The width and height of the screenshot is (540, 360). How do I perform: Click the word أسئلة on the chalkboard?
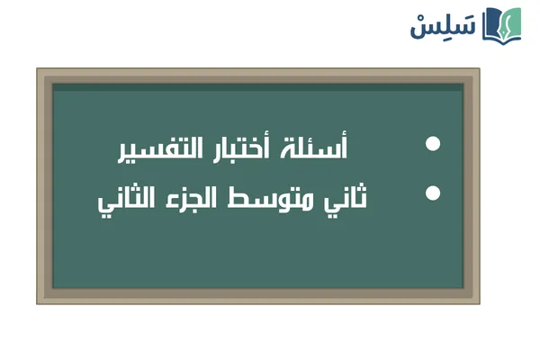pos(323,147)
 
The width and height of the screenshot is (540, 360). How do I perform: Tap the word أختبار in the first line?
pos(253,147)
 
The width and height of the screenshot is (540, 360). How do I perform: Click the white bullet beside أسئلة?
pos(433,145)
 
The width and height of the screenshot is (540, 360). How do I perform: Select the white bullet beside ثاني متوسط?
pos(433,193)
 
